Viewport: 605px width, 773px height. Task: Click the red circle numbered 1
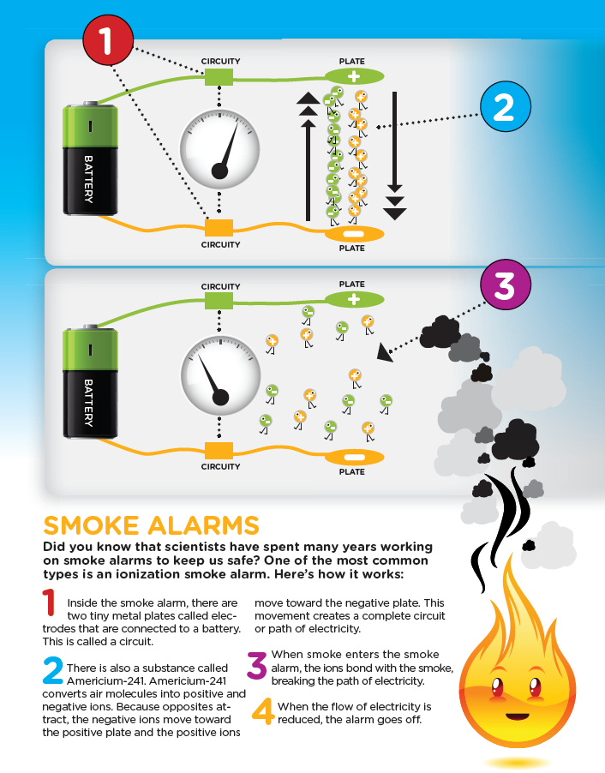[x=108, y=40]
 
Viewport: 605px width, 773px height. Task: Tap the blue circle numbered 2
[x=506, y=106]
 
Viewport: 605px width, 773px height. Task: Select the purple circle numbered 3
[x=506, y=285]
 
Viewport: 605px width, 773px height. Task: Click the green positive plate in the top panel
[x=354, y=76]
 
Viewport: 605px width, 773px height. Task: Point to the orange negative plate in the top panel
[x=354, y=234]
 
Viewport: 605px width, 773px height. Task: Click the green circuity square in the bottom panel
[x=219, y=301]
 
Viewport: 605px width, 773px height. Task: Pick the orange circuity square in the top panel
[x=219, y=228]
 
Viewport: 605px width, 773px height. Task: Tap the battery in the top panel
[x=90, y=159]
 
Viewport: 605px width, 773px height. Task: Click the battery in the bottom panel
[x=90, y=381]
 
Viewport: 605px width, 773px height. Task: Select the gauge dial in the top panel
[x=219, y=149]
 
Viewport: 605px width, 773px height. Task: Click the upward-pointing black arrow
[x=308, y=156]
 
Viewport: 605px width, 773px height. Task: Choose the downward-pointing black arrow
[x=395, y=156]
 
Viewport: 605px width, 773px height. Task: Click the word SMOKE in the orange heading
[x=91, y=525]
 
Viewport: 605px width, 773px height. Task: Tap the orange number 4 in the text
[x=263, y=711]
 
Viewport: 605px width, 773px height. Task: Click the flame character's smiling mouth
[x=518, y=716]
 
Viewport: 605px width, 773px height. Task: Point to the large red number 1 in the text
[x=49, y=602]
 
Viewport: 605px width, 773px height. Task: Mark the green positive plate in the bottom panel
[x=354, y=299]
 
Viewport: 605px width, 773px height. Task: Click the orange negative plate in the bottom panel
[x=354, y=458]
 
